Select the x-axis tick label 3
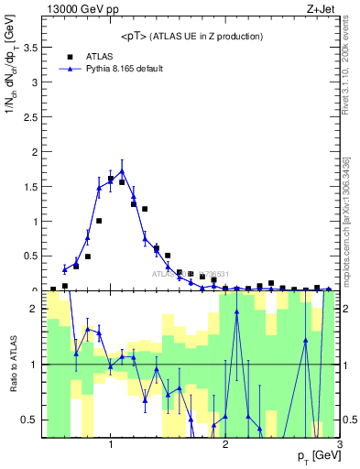coord(340,444)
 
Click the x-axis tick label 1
coord(111,444)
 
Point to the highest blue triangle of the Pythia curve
coord(122,170)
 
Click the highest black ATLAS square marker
coord(111,179)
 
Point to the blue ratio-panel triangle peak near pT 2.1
coord(236,312)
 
